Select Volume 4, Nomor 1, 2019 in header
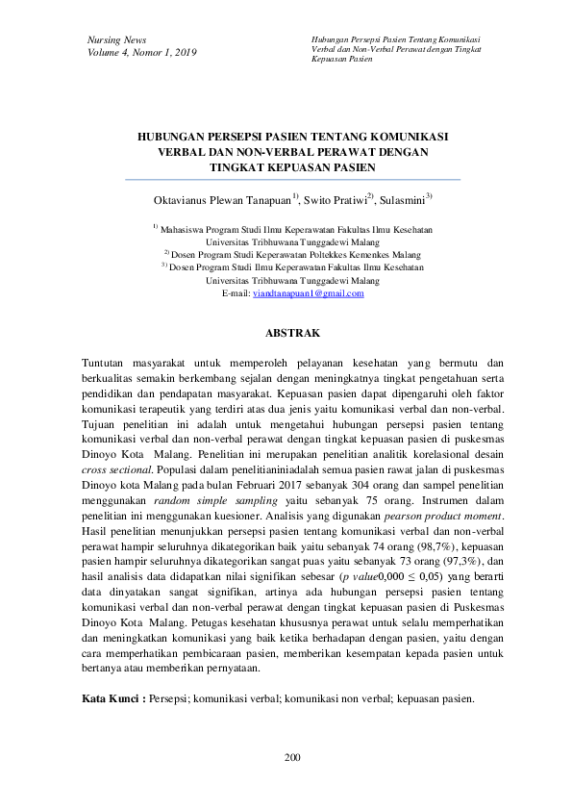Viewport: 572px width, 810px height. pyautogui.click(x=141, y=52)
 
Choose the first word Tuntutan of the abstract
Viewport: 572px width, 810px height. pyautogui.click(x=110, y=362)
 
